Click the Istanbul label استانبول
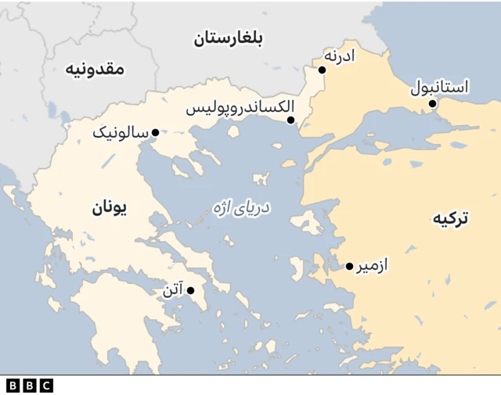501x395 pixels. point(440,87)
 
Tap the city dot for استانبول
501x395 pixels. point(431,103)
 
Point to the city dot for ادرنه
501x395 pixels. point(322,70)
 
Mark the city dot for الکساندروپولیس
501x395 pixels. point(290,120)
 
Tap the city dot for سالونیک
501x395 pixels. point(155,132)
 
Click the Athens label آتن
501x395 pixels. point(172,291)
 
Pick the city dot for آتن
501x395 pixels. point(190,291)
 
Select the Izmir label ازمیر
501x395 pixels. point(373,266)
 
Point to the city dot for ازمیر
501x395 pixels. point(349,267)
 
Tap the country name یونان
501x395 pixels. point(110,207)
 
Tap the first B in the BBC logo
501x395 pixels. point(13,385)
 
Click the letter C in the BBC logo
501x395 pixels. point(46,385)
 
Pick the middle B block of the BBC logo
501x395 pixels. point(29,385)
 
